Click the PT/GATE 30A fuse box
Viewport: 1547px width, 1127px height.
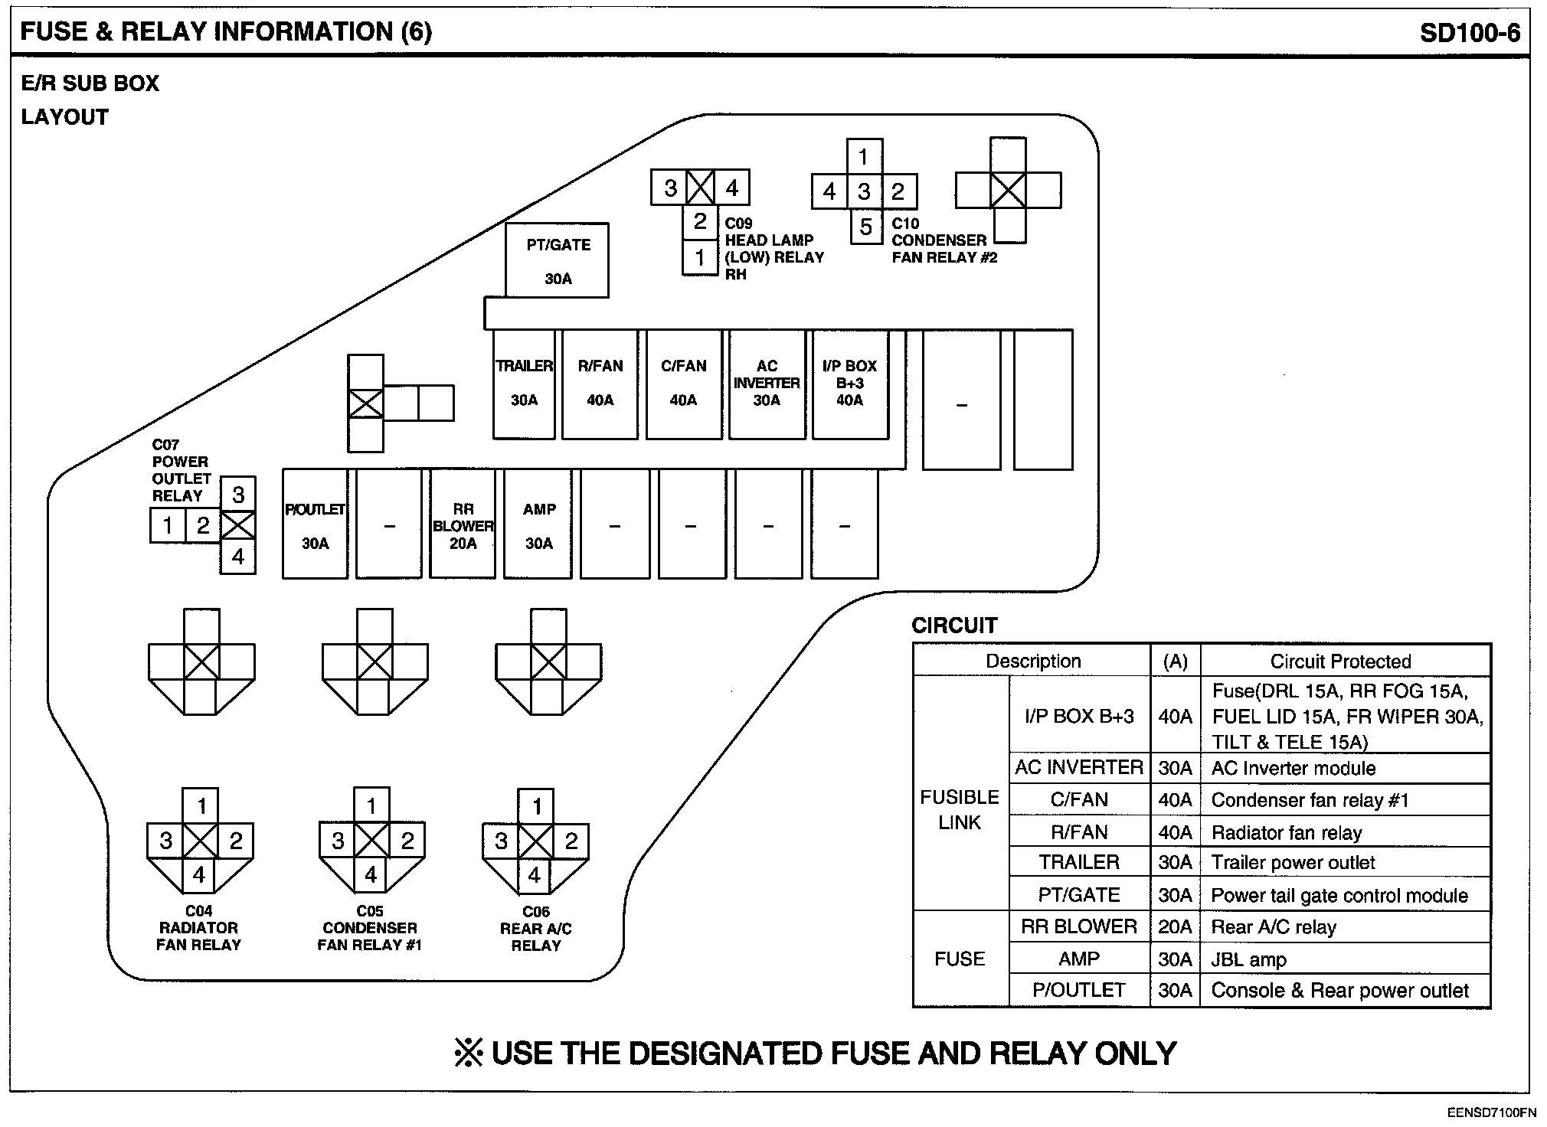[557, 260]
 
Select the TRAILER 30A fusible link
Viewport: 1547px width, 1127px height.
[524, 384]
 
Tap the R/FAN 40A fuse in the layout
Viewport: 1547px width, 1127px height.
[600, 384]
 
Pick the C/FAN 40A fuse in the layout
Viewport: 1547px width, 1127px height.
[683, 384]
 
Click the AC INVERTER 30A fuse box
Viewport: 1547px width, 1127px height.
[767, 384]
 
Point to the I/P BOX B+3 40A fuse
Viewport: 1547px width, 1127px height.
[849, 384]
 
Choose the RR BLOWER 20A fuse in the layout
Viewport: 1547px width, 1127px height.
[463, 525]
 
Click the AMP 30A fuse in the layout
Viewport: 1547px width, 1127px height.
[538, 525]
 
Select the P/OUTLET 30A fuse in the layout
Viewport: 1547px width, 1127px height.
[315, 525]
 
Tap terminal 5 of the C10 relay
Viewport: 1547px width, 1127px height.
[865, 227]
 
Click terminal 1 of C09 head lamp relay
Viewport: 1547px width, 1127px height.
[700, 258]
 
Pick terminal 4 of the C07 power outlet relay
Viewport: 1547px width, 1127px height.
[238, 557]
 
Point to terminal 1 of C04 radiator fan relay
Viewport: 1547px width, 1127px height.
[201, 806]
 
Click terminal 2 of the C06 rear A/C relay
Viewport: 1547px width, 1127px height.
[571, 841]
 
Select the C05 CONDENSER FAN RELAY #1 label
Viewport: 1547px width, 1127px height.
[370, 928]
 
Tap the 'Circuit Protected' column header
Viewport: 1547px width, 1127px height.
[1340, 661]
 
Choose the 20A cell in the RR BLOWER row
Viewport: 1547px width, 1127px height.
[1175, 927]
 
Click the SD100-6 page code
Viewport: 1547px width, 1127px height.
[1470, 33]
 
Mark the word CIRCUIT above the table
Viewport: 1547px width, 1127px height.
[954, 626]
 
